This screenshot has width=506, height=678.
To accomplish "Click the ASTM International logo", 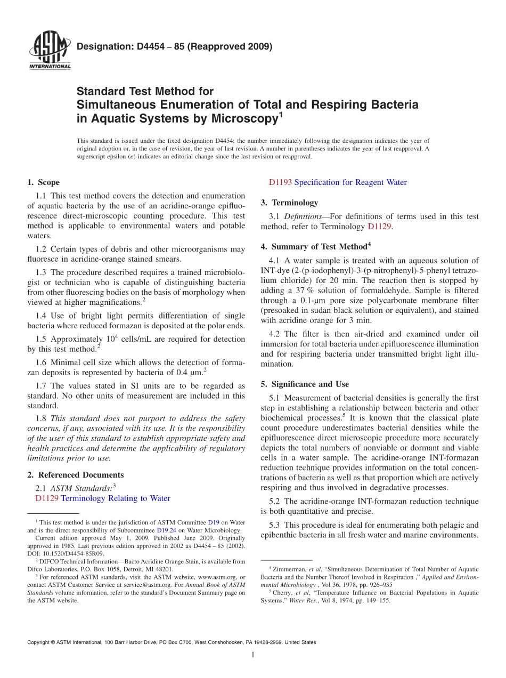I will coord(49,51).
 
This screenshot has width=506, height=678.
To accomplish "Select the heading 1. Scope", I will coord(44,182).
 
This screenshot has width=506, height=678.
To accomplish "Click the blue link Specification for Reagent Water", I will coord(350,182).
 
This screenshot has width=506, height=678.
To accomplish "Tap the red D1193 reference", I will coord(280,182).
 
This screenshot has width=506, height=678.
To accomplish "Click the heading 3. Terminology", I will coord(289,203).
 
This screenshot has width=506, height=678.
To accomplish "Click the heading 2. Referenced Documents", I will coord(75,475).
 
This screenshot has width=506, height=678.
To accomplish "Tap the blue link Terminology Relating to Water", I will coord(116,498).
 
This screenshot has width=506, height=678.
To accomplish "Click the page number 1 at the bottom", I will coord(254,655).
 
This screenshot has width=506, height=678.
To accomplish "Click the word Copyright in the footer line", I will coord(40,642).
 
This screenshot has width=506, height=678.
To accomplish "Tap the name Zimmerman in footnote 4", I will coord(284,570).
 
